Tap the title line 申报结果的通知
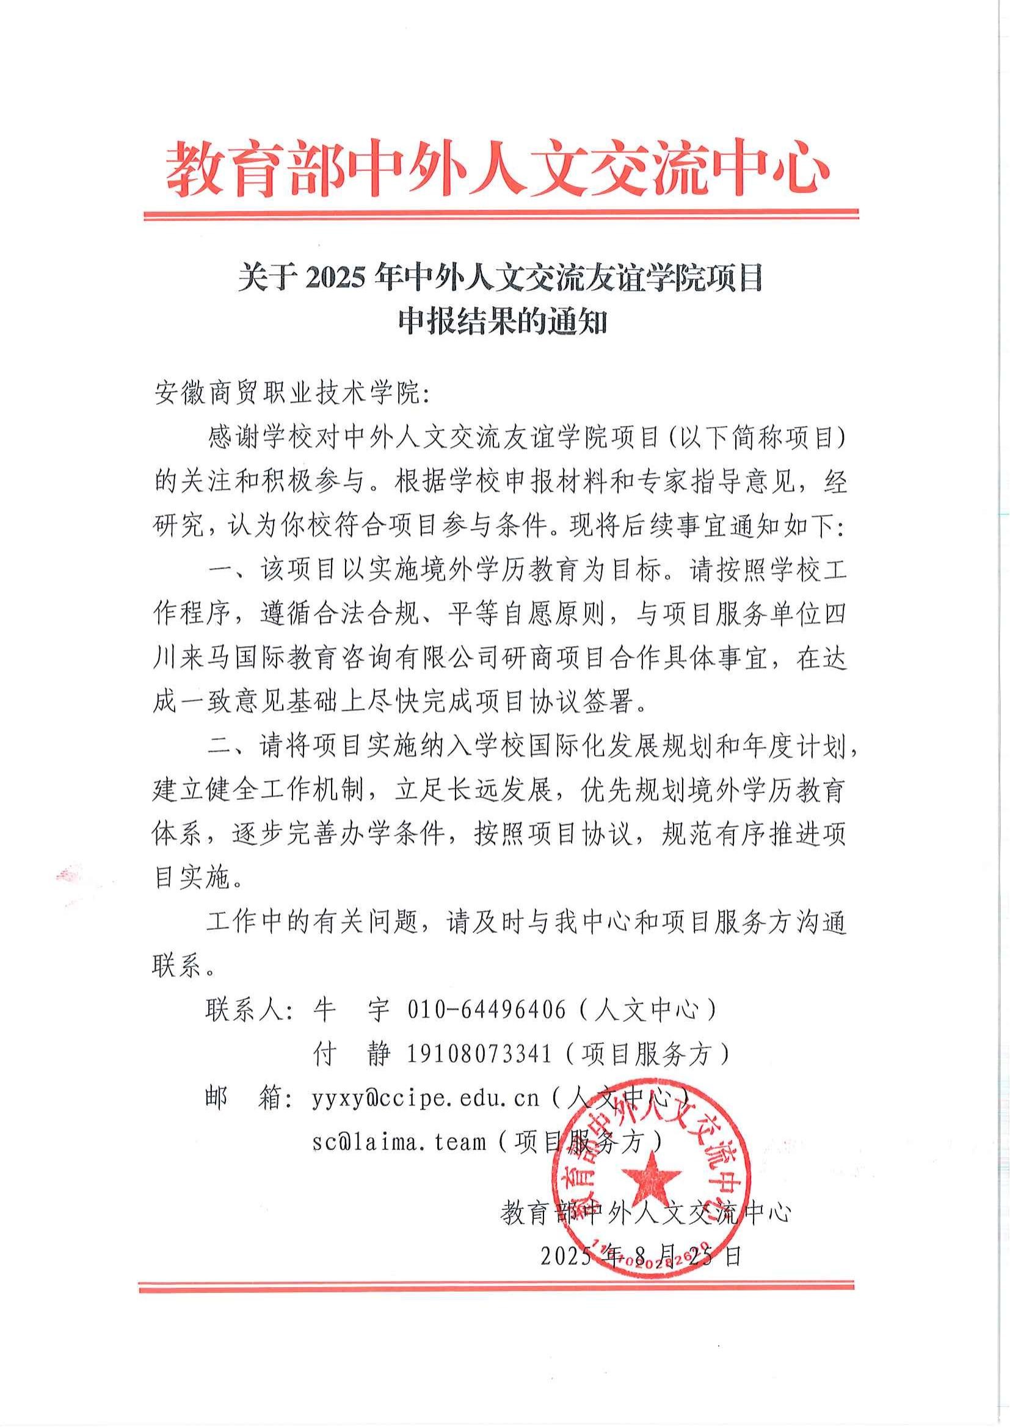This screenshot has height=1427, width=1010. [x=502, y=323]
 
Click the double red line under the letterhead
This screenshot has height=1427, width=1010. [x=501, y=214]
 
